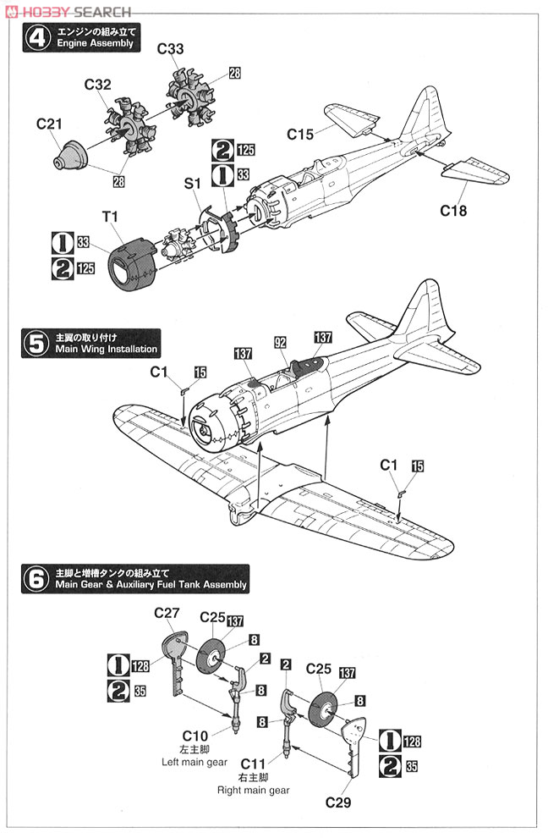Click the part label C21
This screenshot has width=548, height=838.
pos(49,124)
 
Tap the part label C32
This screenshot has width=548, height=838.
pos(98,85)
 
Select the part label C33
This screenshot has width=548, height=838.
pos(170,48)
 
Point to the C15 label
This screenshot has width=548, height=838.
pos(300,134)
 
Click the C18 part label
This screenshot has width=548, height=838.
pos(453,211)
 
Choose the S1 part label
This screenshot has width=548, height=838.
pos(193,184)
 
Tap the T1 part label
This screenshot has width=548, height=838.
pos(110,217)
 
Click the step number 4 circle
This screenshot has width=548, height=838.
pos(38,38)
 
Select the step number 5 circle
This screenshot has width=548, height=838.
pos(36,344)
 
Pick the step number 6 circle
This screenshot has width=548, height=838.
pos(36,579)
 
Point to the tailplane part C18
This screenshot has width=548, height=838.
pos(475,170)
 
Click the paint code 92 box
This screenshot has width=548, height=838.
pos(281,343)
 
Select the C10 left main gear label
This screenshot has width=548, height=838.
pos(195,736)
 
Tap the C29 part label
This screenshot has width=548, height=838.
pos(338,802)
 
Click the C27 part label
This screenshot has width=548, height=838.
pos(167,613)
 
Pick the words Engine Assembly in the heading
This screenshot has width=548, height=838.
pos(95,43)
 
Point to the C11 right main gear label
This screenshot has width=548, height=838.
pos(253,764)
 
